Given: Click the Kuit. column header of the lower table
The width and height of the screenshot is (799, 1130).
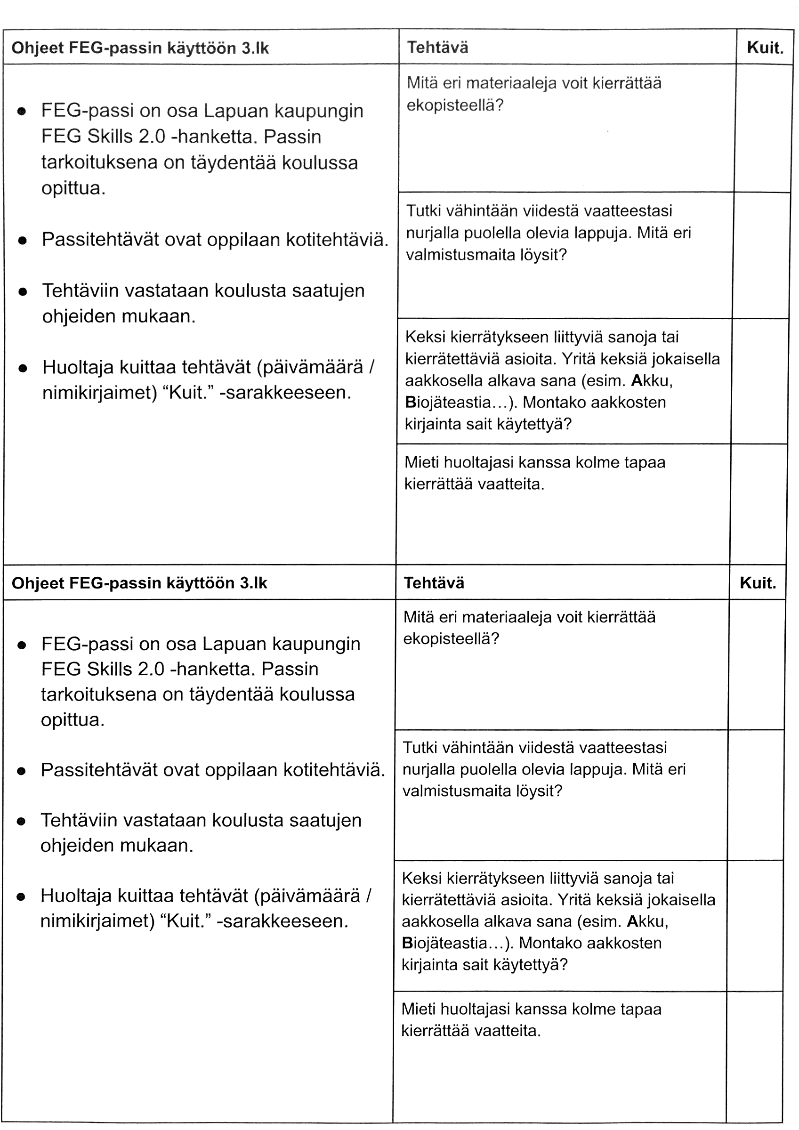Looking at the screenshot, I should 757,583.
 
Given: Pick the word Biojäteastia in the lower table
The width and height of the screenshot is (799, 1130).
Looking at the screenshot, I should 444,943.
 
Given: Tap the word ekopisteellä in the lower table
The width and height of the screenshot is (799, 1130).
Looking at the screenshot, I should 451,639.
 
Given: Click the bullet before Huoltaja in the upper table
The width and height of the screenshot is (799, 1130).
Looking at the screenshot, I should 23,368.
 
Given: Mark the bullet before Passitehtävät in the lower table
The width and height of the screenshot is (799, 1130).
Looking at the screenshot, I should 21,771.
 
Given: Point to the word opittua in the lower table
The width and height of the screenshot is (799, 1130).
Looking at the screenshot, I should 73,719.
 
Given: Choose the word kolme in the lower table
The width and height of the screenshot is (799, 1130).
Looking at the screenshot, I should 588,1009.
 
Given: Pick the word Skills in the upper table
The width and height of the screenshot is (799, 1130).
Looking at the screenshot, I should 109,137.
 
